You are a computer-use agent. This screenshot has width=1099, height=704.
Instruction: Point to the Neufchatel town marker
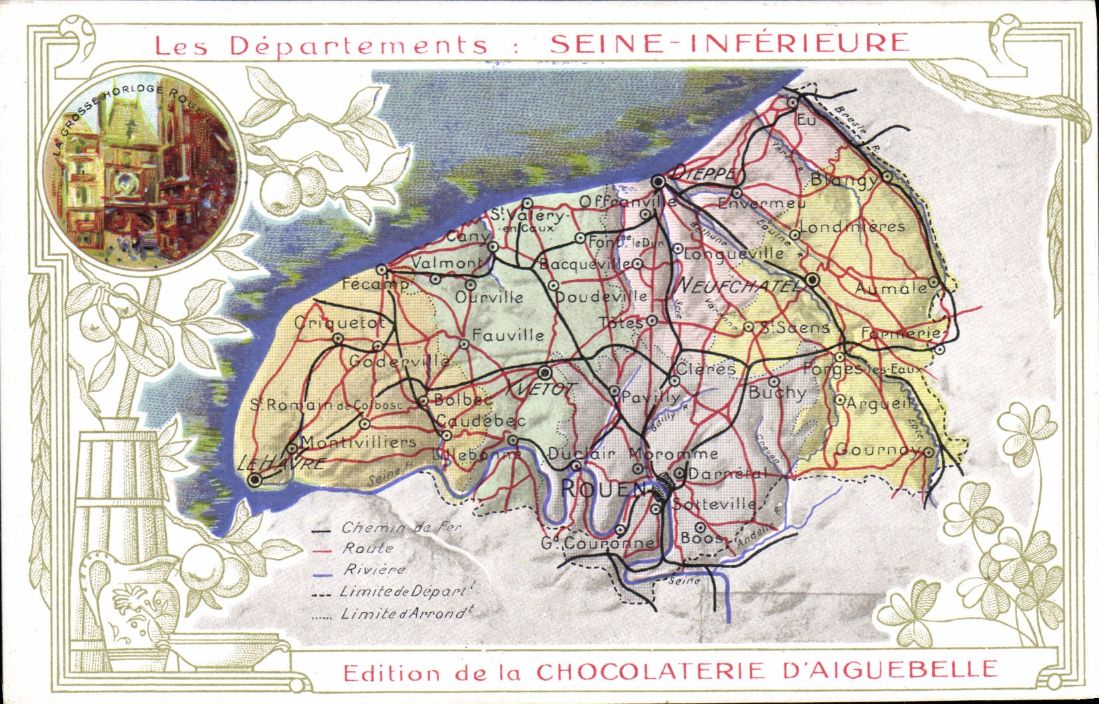coord(811,281)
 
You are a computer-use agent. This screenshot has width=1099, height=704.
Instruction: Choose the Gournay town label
coord(878,450)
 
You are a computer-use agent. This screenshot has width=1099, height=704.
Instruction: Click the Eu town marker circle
coord(793,102)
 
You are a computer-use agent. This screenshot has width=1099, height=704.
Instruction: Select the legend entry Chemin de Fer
coord(401,528)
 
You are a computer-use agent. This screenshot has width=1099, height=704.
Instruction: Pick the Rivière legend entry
coord(374,570)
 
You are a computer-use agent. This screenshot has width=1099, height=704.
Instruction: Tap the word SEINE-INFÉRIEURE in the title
coord(729,43)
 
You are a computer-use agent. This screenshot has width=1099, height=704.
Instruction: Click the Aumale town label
coord(890,289)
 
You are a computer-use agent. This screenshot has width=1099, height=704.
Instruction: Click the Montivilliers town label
coord(358,442)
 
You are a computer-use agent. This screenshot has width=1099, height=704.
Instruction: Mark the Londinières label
coord(852,227)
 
